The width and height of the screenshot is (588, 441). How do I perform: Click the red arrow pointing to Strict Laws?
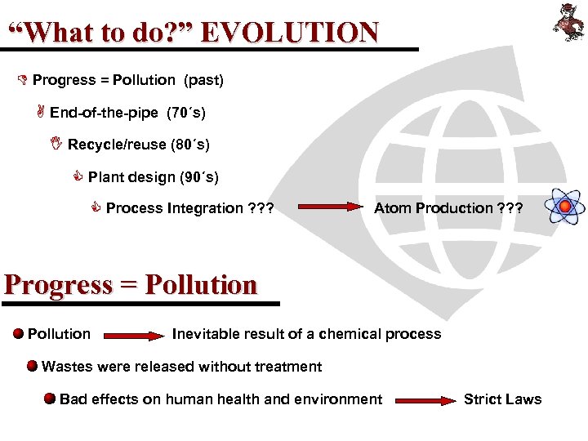[426, 400]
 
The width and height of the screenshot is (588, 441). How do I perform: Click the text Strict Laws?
[502, 399]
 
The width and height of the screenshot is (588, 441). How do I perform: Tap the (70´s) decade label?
[186, 113]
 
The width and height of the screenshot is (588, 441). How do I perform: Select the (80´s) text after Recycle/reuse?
[189, 145]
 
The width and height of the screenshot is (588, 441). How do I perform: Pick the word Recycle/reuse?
[117, 145]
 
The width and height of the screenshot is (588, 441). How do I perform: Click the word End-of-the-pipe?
[104, 113]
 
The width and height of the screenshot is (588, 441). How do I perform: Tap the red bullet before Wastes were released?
[32, 366]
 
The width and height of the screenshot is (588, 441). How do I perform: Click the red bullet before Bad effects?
[50, 399]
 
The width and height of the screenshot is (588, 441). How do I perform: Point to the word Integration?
[205, 208]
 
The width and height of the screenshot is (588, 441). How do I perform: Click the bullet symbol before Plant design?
[79, 176]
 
